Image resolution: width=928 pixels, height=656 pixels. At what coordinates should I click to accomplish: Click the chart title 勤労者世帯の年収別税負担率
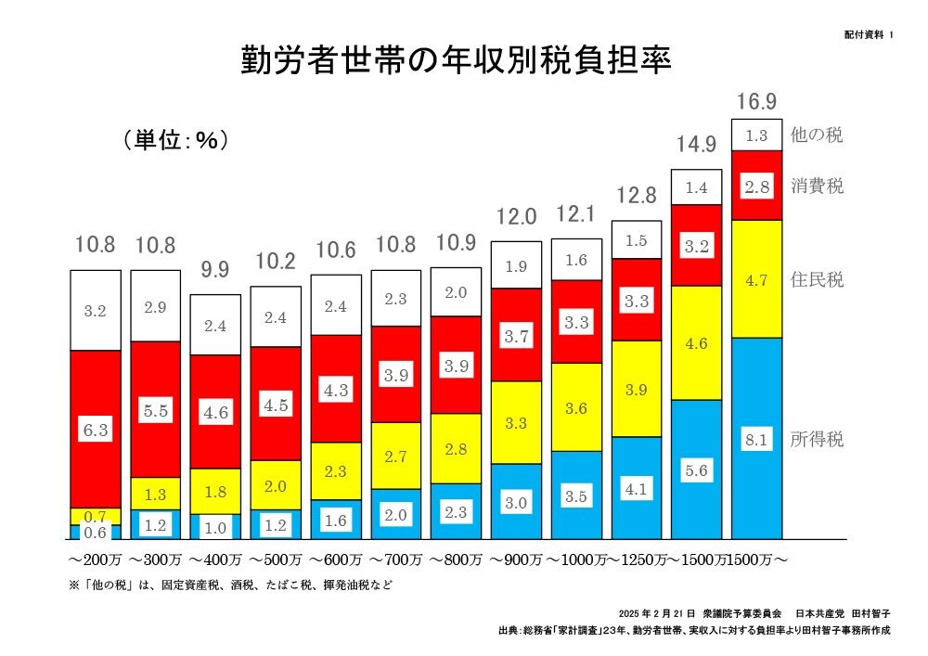pyautogui.click(x=455, y=60)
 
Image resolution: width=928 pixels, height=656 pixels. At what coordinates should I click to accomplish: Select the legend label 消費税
pyautogui.click(x=817, y=185)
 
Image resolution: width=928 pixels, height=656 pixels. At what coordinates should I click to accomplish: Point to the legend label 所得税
pyautogui.click(x=817, y=440)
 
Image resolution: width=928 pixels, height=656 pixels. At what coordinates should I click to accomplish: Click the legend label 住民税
pyautogui.click(x=817, y=279)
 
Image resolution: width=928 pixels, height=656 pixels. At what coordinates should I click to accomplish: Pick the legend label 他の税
pyautogui.click(x=817, y=135)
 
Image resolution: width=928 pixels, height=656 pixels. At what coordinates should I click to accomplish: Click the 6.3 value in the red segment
pyautogui.click(x=96, y=430)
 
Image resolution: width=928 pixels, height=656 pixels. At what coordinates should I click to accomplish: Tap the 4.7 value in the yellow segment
pyautogui.click(x=755, y=280)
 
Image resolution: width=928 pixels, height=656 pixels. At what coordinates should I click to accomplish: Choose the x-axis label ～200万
pyautogui.click(x=95, y=560)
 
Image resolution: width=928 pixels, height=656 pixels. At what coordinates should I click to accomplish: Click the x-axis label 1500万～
pyautogui.click(x=757, y=560)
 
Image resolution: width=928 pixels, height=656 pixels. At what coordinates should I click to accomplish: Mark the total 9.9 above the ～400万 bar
pyautogui.click(x=214, y=272)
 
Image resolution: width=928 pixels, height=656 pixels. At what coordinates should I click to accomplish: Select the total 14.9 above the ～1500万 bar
pyautogui.click(x=696, y=145)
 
